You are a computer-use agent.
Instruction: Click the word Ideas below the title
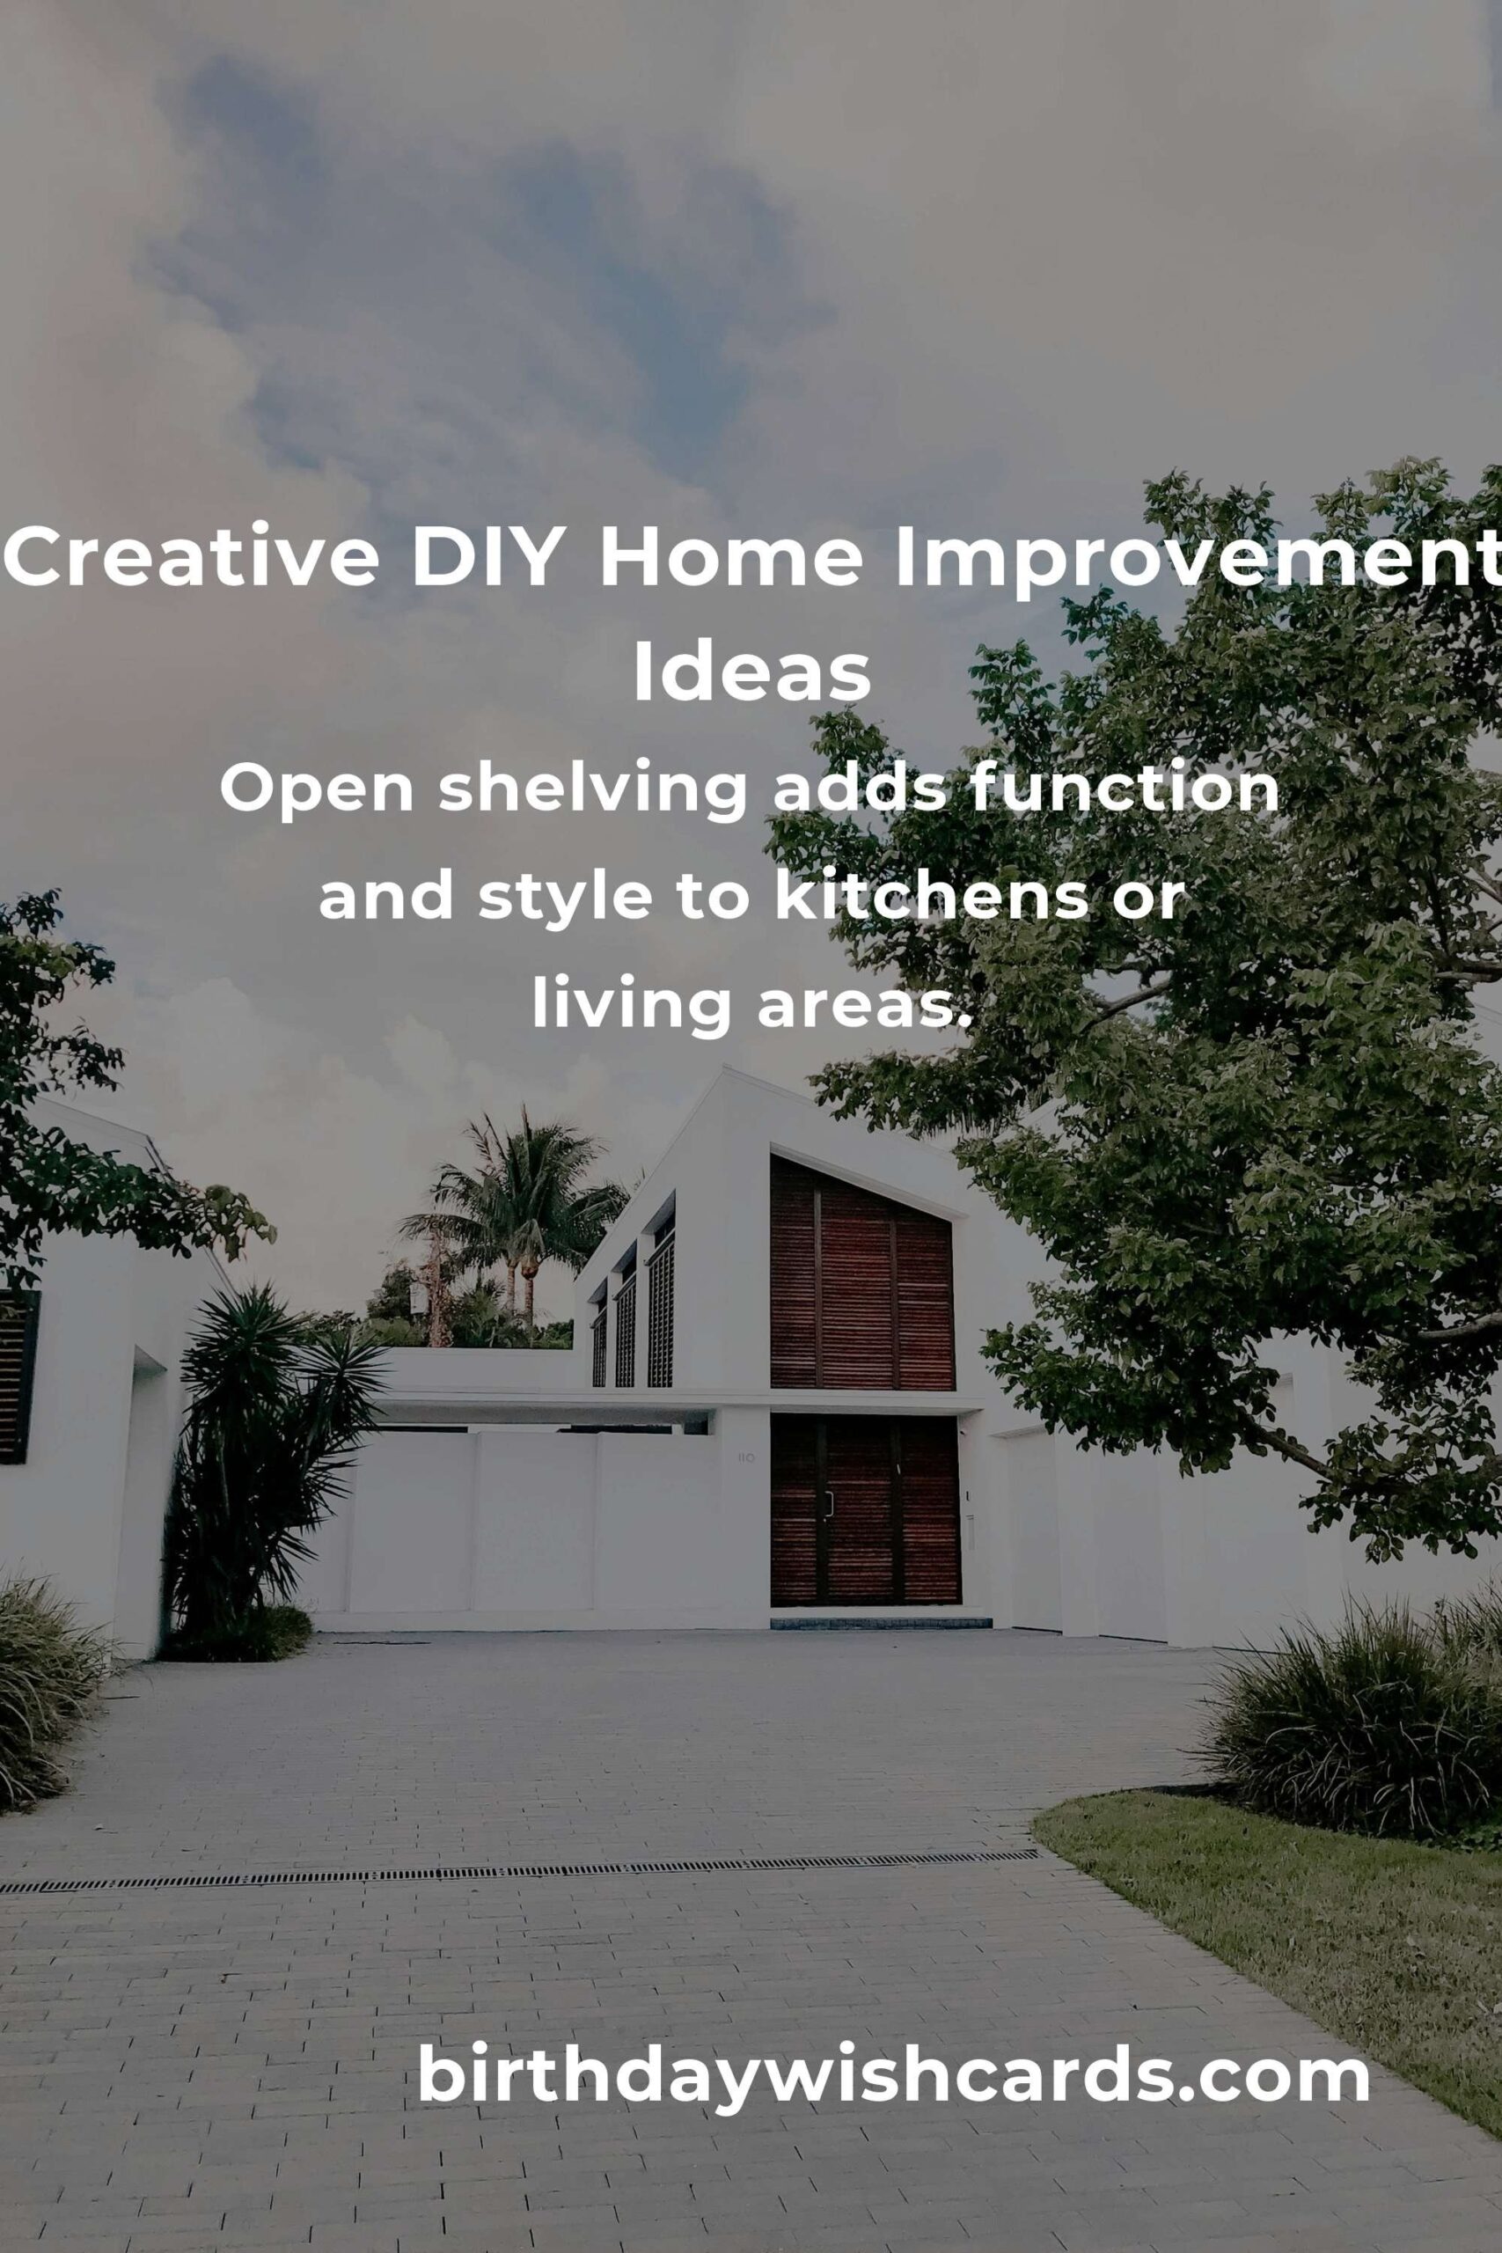click(751, 672)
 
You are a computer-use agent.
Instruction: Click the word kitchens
click(931, 897)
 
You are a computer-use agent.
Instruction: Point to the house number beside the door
click(746, 1458)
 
